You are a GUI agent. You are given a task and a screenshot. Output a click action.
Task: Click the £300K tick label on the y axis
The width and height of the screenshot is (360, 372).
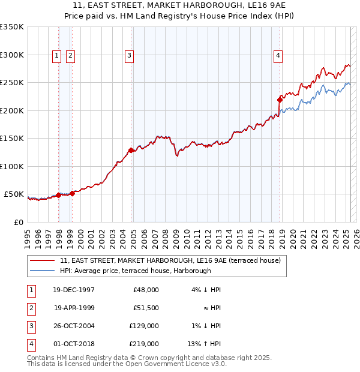click(x=12, y=55)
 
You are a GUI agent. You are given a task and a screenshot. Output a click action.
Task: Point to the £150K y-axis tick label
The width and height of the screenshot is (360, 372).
click(x=12, y=138)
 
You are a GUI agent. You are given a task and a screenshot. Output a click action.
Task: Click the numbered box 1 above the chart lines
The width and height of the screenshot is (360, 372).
click(x=56, y=56)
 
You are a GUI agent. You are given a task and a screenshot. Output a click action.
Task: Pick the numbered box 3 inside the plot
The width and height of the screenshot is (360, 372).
click(x=129, y=56)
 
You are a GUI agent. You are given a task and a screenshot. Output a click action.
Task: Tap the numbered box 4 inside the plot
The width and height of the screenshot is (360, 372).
click(x=278, y=56)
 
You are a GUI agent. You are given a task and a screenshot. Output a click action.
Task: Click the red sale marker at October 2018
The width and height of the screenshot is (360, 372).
click(x=280, y=100)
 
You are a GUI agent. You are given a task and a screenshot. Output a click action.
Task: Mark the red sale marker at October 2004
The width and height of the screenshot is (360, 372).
click(x=131, y=150)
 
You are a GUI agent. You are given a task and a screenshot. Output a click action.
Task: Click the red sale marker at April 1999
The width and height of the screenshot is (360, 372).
click(x=73, y=193)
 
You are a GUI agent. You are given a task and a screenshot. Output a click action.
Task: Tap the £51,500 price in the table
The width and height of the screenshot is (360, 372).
click(x=145, y=308)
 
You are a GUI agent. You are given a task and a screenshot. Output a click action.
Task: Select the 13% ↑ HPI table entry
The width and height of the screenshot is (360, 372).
click(x=205, y=344)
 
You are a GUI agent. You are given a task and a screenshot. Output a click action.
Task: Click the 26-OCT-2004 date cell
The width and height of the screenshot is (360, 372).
click(x=74, y=326)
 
